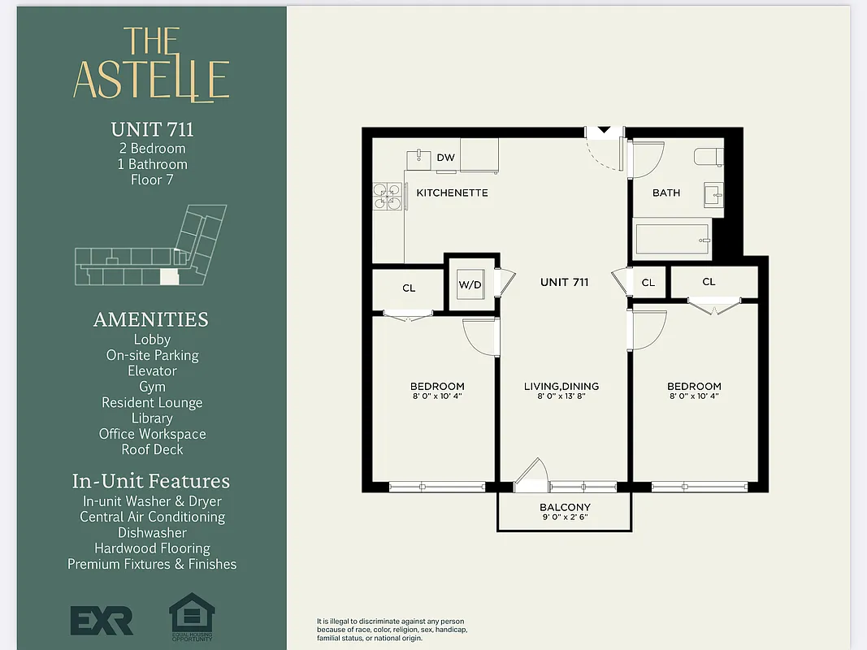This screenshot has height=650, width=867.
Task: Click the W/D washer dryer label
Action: pos(470,284)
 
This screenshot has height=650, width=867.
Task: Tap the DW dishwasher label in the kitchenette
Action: pos(445,158)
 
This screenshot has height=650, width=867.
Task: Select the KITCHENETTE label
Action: pos(452,193)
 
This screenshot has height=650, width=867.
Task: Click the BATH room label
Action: pos(666,193)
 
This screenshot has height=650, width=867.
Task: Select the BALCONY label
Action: pos(565,507)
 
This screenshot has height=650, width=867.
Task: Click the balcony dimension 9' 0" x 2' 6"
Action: pos(565,518)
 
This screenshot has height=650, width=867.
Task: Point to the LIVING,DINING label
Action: pos(561,386)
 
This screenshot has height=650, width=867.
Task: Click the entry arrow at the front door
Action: pos(604,130)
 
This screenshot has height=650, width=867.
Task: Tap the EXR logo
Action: pos(101,621)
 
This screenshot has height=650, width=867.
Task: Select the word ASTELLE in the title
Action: pos(151,79)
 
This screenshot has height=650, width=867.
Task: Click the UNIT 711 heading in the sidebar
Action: pos(152,129)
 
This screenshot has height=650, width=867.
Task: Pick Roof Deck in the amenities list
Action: pos(152,449)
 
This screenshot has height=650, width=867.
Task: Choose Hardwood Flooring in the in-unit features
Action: pos(152,548)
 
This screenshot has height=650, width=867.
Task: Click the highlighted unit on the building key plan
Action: pos(168,277)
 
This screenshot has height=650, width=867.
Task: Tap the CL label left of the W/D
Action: pos(409,288)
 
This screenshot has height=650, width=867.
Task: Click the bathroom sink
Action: pos(713,194)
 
